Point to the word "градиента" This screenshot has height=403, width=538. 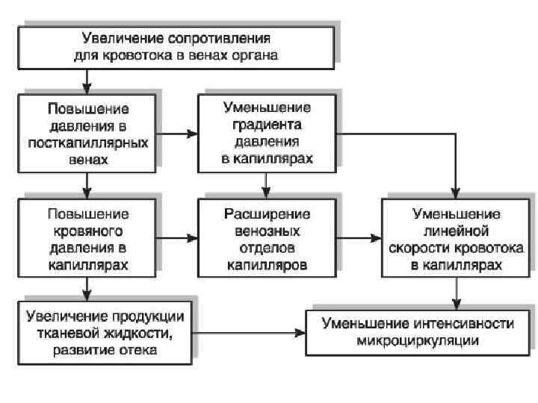point(266,123)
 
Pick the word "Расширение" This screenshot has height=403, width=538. point(267,214)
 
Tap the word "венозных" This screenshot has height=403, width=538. point(267,231)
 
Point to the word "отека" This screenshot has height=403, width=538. point(136,349)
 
